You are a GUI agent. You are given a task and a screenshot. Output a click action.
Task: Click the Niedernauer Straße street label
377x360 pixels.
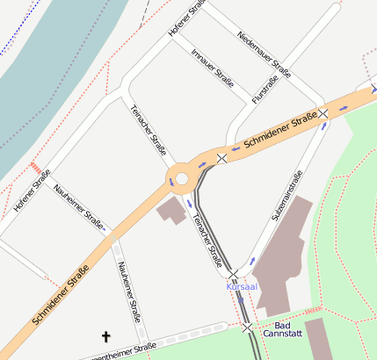(x=264, y=53)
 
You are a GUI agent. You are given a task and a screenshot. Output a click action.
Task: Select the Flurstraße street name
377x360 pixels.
(x=265, y=90)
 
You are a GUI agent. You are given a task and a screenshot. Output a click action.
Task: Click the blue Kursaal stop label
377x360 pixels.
(x=242, y=286)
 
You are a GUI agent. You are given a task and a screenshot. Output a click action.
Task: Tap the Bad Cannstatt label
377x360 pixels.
(x=282, y=329)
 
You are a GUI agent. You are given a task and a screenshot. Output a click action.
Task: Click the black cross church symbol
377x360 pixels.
(x=107, y=336)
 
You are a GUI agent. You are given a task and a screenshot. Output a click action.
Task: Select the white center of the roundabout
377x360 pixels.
(x=182, y=179)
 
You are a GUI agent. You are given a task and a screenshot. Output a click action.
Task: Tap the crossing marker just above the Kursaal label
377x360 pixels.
(x=233, y=274)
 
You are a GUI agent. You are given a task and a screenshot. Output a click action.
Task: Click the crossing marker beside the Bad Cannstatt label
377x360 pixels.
(x=248, y=328)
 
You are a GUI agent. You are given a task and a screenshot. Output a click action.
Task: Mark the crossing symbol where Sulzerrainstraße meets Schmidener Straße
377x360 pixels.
(x=323, y=113)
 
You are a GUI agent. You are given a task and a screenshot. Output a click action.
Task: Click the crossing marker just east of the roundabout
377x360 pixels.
(x=222, y=158)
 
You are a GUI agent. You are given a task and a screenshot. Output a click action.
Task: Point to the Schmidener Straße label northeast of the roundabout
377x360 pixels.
(x=279, y=130)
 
